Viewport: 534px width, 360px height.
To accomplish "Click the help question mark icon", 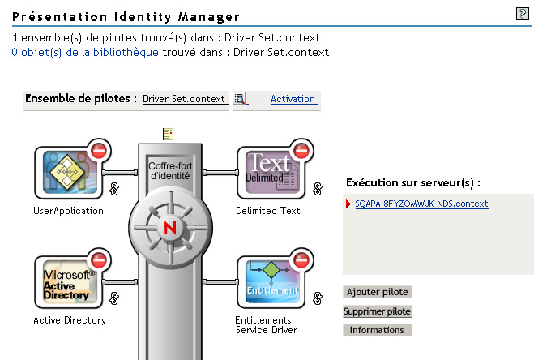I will [523, 15].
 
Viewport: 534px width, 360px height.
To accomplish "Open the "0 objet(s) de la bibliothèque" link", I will [85, 52].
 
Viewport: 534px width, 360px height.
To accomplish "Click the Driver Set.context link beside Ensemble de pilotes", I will [184, 99].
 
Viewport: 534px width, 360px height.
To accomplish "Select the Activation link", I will [293, 99].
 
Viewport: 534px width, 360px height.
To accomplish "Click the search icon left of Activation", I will [240, 99].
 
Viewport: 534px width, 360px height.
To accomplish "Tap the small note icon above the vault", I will [168, 134].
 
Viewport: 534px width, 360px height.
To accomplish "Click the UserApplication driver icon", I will [66, 173].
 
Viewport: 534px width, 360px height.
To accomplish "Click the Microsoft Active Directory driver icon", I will [66, 283].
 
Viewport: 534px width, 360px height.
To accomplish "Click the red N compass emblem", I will [169, 226].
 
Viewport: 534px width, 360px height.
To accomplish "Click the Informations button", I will [377, 330].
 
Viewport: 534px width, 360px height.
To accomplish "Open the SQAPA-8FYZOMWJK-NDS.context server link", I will [421, 204].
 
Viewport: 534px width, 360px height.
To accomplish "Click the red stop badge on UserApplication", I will [99, 151].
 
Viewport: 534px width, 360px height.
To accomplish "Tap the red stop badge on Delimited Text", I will [301, 151].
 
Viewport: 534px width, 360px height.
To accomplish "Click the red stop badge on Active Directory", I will [99, 261].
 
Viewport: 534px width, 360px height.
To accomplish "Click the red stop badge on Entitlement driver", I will [301, 261].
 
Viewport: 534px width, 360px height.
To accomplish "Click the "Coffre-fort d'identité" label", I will [169, 169].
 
